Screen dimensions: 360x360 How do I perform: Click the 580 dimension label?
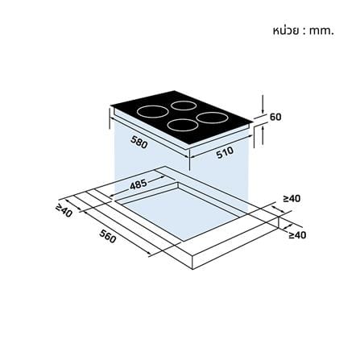(139, 142)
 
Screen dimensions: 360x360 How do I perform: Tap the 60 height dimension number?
(275, 117)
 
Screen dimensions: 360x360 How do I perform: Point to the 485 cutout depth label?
(139, 184)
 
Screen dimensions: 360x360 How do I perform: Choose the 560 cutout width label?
(108, 237)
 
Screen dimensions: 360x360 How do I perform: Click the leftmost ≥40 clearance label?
(64, 211)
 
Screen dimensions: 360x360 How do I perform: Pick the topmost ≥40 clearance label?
(292, 199)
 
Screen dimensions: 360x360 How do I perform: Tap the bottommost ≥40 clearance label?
(297, 235)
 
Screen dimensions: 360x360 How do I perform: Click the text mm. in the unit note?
(321, 31)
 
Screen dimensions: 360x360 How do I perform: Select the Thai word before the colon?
(285, 31)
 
